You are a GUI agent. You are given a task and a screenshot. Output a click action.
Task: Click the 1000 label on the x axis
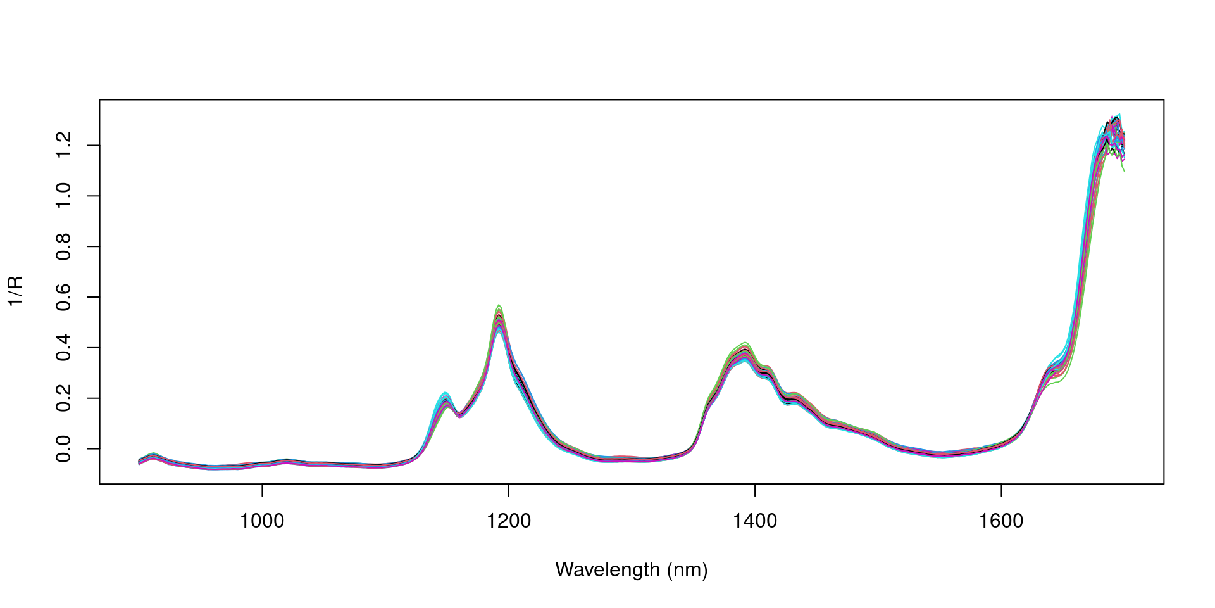(262, 521)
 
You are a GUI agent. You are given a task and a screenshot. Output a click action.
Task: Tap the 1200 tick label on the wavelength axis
(508, 521)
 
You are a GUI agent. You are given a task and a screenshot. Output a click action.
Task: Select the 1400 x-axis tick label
(754, 521)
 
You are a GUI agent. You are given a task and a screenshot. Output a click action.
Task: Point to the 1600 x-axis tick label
(1000, 521)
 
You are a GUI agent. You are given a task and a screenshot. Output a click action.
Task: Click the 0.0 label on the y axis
(63, 448)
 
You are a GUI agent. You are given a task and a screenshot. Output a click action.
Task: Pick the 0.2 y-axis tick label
(63, 398)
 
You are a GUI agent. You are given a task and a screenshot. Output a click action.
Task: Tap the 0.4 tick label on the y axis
(63, 347)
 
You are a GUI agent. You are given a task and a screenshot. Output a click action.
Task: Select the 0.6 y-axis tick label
(63, 296)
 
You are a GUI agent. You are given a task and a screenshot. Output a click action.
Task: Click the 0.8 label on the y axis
(63, 246)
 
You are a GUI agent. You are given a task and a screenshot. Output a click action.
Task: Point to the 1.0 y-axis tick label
(63, 196)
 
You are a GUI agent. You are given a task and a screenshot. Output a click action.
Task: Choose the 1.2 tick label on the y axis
(63, 145)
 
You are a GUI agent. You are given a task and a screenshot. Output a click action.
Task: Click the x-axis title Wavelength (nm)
(631, 570)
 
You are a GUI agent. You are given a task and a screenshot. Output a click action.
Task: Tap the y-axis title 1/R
(15, 291)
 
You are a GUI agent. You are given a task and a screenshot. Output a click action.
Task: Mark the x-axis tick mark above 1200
(508, 488)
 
